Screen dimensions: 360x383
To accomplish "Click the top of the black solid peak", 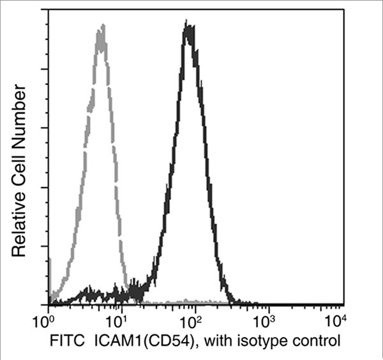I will click(188, 26).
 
